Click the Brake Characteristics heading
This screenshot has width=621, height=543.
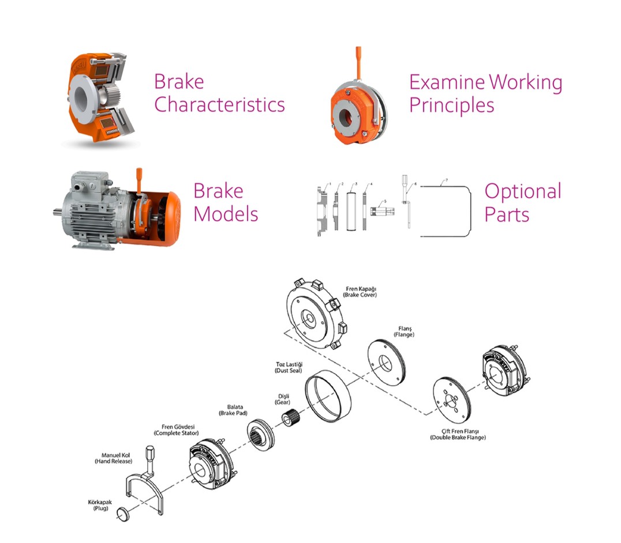(219, 93)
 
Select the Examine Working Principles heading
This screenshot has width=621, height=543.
(485, 93)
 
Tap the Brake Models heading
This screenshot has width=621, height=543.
(226, 202)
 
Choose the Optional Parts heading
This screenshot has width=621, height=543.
(523, 202)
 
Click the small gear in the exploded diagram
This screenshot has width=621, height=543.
(295, 416)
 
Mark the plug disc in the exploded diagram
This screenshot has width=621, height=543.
(122, 513)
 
